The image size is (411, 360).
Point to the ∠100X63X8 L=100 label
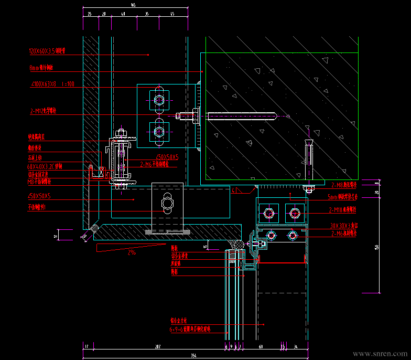click(x=52, y=84)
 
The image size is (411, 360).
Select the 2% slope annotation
click(x=132, y=252)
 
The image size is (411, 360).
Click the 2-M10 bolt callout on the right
click(x=342, y=210)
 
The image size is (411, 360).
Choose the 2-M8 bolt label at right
click(x=344, y=185)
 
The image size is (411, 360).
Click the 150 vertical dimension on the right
click(x=377, y=247)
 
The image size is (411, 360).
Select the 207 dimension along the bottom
click(x=158, y=347)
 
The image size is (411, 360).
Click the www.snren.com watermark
click(x=381, y=354)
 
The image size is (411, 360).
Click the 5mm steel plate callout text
click(x=342, y=197)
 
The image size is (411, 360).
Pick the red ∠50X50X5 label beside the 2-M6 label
click(x=167, y=156)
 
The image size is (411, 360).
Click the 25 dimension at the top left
click(x=90, y=14)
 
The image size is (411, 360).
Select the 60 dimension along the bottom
click(x=261, y=347)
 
